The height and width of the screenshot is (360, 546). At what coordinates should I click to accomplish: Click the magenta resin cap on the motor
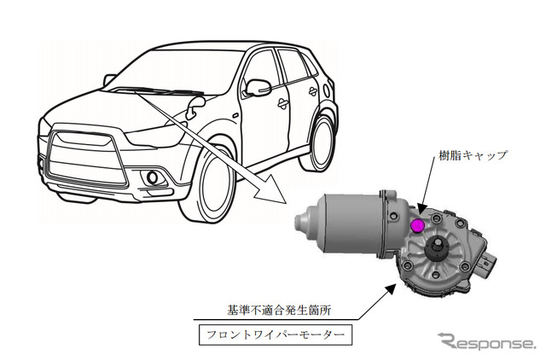pyautogui.click(x=417, y=225)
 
